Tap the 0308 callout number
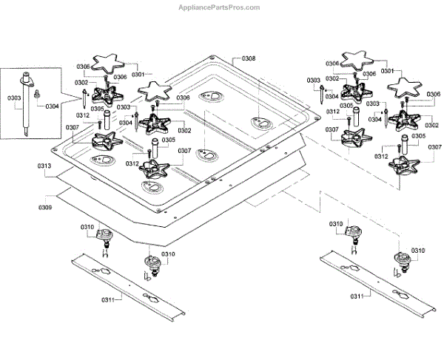(249, 58)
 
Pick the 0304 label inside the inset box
(52, 106)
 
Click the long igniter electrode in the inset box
(29, 103)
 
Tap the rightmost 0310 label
(418, 251)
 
